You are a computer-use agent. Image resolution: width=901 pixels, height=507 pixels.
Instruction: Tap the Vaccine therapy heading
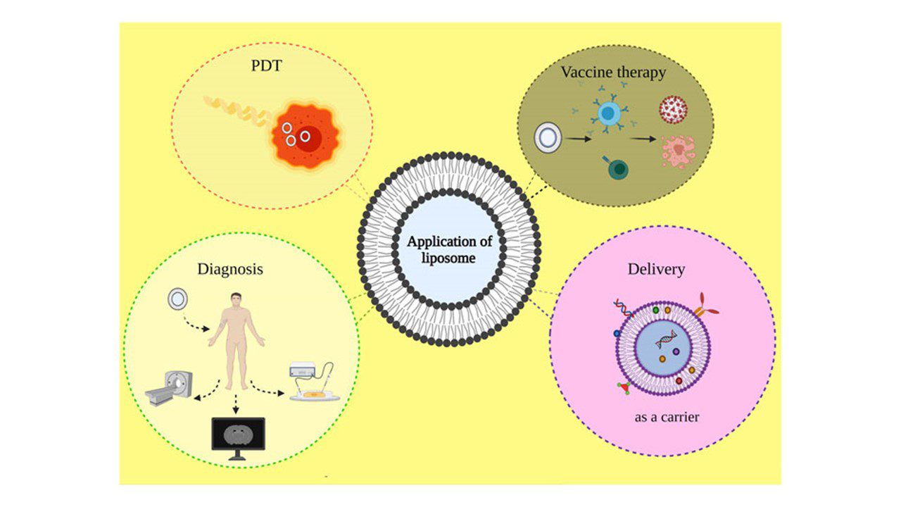tap(613, 73)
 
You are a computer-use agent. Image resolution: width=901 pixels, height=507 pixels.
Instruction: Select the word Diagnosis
tap(230, 269)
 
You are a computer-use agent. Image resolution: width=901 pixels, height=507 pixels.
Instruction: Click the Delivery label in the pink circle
tap(656, 269)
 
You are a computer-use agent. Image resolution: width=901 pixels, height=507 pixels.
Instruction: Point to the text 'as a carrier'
tap(667, 417)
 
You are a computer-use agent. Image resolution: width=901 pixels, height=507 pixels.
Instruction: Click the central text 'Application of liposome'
tap(450, 250)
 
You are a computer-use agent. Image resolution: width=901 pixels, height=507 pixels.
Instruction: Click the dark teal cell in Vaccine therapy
tap(617, 168)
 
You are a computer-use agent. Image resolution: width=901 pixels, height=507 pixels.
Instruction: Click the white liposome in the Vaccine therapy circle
tap(548, 138)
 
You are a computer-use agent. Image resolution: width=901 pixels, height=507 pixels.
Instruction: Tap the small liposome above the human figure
tap(178, 301)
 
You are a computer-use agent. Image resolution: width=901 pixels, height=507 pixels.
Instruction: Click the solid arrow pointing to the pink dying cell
tap(643, 139)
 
